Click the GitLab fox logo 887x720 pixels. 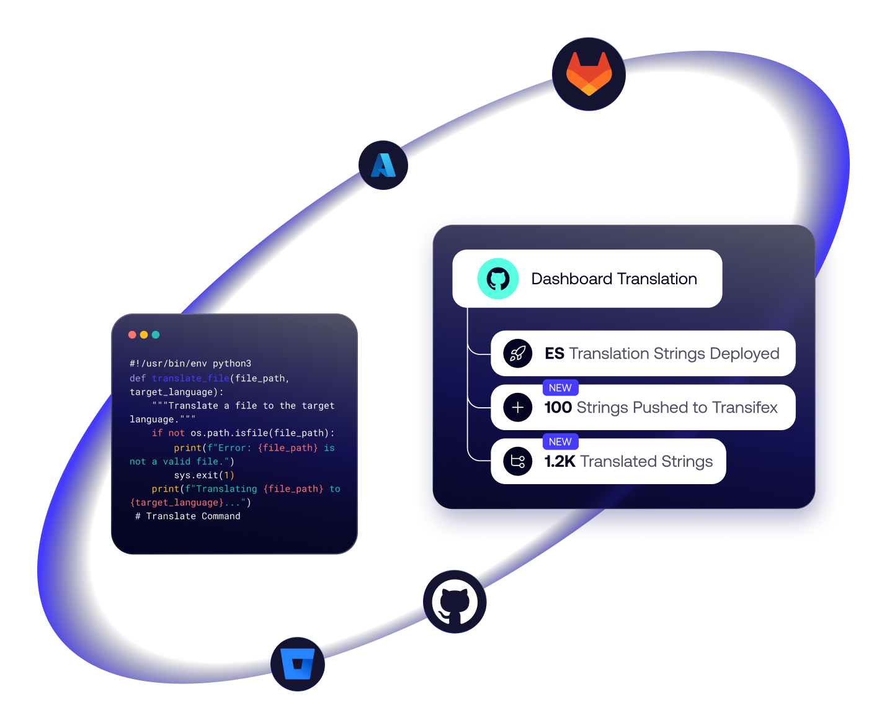pos(589,74)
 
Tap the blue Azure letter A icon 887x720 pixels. pos(383,165)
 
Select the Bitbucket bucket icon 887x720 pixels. pos(298,664)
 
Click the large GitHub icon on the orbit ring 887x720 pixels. pos(455,601)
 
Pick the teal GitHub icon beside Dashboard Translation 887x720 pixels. pos(498,279)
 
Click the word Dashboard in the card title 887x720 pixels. pos(572,279)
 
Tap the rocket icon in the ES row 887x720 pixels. pos(518,354)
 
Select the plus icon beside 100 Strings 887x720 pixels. pos(518,408)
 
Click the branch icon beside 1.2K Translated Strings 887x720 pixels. pos(518,462)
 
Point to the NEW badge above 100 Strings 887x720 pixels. pos(560,388)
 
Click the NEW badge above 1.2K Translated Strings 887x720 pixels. pos(560,442)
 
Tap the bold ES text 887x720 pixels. pos(555,354)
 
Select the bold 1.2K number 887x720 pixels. pos(559,462)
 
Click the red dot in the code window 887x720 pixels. pos(132,335)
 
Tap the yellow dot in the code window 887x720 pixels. pos(144,335)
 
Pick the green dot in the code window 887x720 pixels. pos(156,335)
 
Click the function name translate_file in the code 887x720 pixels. pos(190,379)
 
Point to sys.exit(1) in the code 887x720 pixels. pos(204,475)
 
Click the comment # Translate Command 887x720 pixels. pos(188,516)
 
